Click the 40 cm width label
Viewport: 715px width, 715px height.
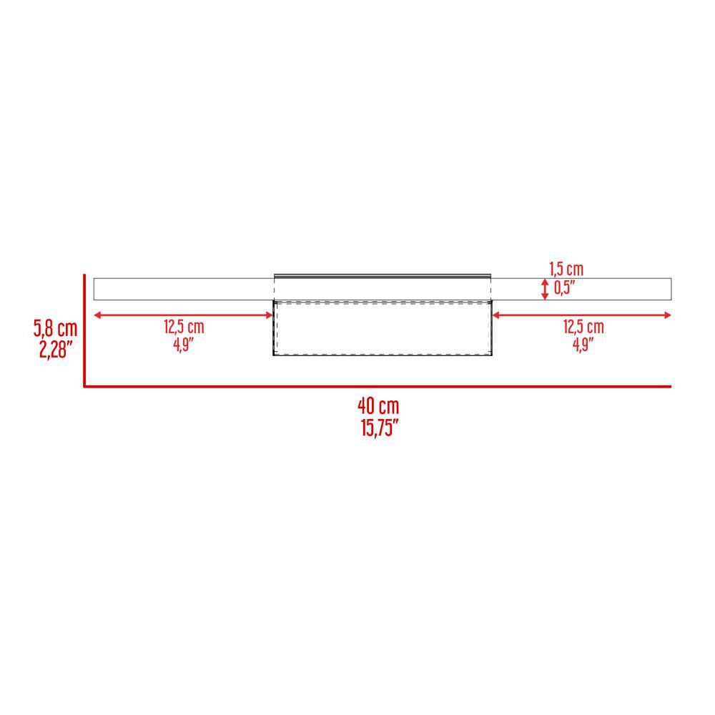tap(378, 406)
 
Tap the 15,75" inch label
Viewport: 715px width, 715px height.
tap(380, 428)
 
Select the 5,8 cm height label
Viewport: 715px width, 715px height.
tap(55, 328)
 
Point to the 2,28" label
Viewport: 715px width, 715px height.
tap(56, 350)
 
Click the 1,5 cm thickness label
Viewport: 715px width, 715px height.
tap(566, 269)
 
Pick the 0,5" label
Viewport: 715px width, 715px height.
tap(565, 287)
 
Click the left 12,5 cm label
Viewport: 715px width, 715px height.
tap(184, 327)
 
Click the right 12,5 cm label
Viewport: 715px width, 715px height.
tap(583, 327)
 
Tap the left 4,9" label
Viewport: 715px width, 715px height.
tap(183, 345)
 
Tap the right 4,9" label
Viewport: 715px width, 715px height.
tap(583, 345)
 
